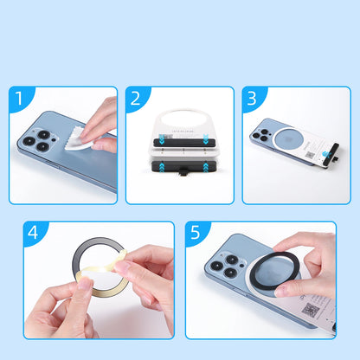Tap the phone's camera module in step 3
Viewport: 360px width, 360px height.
click(x=263, y=131)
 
